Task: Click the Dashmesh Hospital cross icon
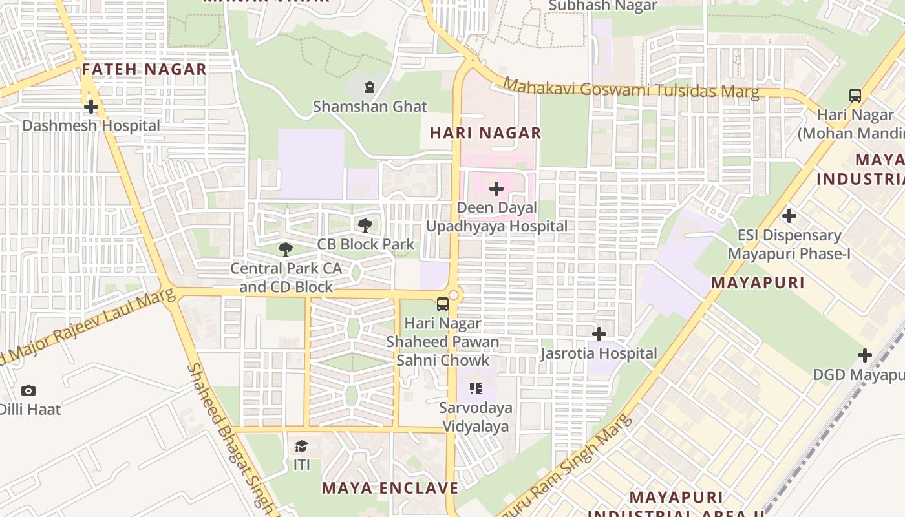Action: pos(91,107)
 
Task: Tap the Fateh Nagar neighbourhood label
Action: pos(144,69)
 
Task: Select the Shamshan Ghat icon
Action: pos(370,87)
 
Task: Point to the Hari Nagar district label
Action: pos(485,133)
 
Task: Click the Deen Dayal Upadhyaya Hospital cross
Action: pos(496,189)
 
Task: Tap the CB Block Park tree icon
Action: pos(365,226)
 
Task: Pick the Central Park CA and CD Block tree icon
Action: pos(285,249)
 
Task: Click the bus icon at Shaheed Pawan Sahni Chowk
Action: pos(443,304)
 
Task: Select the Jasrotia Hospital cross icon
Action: pos(599,334)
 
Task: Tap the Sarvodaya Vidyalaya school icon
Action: pos(476,388)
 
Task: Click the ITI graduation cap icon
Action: pos(301,446)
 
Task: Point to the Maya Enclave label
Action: pos(390,488)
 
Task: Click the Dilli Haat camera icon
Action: pos(28,390)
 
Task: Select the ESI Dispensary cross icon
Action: pos(789,216)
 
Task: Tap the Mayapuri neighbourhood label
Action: pos(758,282)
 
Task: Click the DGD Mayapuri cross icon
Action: pos(865,355)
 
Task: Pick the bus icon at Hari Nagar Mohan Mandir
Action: pos(855,96)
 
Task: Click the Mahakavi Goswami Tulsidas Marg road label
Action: pos(631,89)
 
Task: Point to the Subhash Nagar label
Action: pos(602,6)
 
